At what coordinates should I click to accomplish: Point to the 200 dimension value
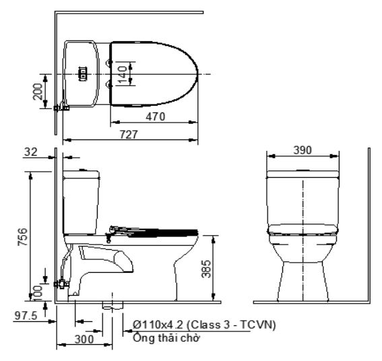(41, 90)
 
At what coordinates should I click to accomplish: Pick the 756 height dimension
(23, 236)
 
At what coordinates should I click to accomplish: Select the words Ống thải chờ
(165, 337)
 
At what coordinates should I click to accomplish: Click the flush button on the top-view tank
(84, 73)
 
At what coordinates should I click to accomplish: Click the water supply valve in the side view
(63, 284)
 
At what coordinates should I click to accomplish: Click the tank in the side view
(82, 202)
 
